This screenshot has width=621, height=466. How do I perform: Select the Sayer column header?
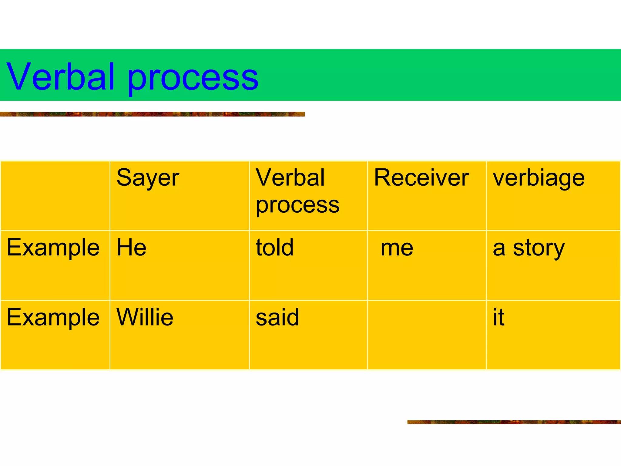pos(148,178)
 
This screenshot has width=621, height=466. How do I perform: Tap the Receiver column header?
pos(421,178)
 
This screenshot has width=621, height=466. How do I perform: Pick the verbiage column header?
pos(539,178)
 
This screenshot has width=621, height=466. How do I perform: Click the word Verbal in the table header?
pos(290,178)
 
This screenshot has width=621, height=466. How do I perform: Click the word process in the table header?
pos(297,206)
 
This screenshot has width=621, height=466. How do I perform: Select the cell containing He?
pos(132,248)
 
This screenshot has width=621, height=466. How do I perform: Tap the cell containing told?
pos(275,248)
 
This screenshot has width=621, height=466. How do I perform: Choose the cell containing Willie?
pos(145,317)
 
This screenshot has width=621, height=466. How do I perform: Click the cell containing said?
pos(277,318)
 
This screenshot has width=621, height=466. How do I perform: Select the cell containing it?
pos(498,317)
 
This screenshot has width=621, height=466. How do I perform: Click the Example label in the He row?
pos(53,248)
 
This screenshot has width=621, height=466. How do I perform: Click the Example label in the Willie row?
pos(53,318)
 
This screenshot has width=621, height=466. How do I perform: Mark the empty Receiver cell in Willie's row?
pos(427,335)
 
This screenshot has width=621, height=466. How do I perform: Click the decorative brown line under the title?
pos(152,114)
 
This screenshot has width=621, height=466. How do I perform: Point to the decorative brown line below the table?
pos(514,422)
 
